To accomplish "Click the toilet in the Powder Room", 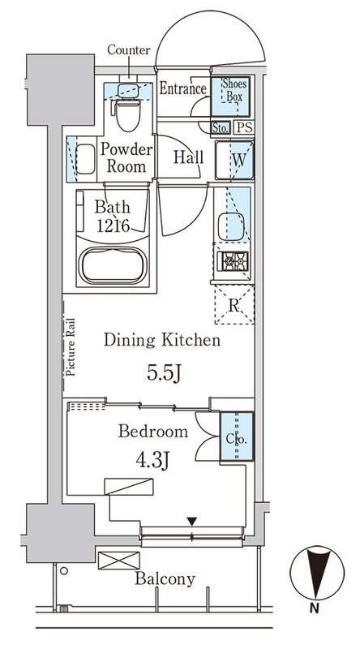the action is click(127, 112).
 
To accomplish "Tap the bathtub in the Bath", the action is click(113, 265).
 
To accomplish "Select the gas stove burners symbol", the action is click(233, 261).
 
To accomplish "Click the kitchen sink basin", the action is click(231, 226).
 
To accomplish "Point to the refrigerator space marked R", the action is click(234, 305).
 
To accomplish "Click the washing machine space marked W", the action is click(234, 160).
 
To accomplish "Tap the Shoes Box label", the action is click(234, 90).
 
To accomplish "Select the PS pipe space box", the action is click(244, 127).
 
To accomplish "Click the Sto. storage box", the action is click(221, 128).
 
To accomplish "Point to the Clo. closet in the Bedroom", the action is click(236, 436).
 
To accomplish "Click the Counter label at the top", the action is click(129, 50).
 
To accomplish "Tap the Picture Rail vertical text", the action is click(70, 347).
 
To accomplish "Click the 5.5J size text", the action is click(165, 373).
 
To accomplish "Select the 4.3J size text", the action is click(153, 459).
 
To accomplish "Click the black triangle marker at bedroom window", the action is click(191, 521).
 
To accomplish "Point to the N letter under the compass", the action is click(315, 608).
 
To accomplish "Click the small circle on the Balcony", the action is click(64, 571).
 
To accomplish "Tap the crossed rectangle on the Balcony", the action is click(118, 561).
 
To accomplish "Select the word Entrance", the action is click(183, 88).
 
